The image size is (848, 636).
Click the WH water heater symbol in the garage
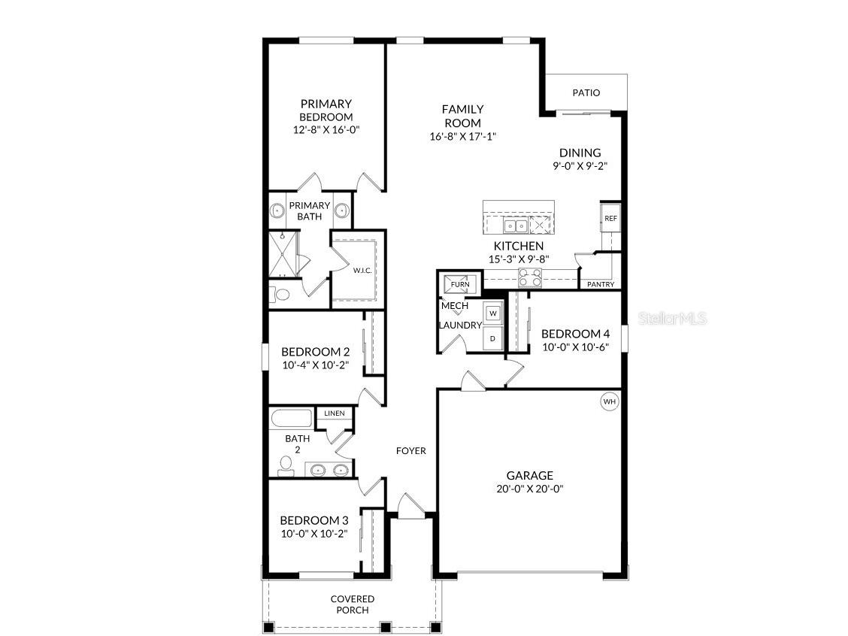609,401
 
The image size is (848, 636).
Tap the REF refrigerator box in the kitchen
610,219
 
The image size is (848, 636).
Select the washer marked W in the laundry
493,313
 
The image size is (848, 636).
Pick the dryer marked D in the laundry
493,338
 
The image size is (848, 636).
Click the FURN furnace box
460,284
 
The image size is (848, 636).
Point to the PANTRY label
601,284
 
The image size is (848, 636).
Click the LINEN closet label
335,413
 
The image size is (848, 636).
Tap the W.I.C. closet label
362,270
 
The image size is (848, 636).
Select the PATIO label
586,92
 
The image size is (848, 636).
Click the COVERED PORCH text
353,604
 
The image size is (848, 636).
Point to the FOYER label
411,451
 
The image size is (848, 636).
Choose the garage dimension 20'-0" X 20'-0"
529,488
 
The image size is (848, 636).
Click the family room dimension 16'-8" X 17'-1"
462,136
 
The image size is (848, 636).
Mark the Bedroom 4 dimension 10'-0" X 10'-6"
574,347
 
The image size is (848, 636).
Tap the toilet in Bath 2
286,466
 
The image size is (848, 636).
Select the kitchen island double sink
515,225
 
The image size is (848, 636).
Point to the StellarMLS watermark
673,319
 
